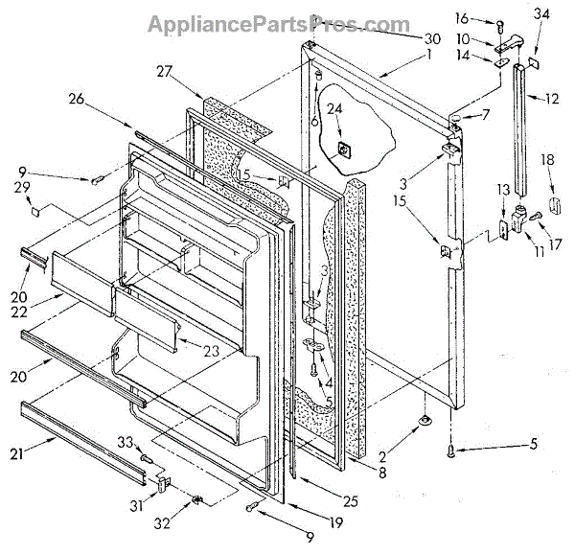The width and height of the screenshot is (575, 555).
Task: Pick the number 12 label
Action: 550,98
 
